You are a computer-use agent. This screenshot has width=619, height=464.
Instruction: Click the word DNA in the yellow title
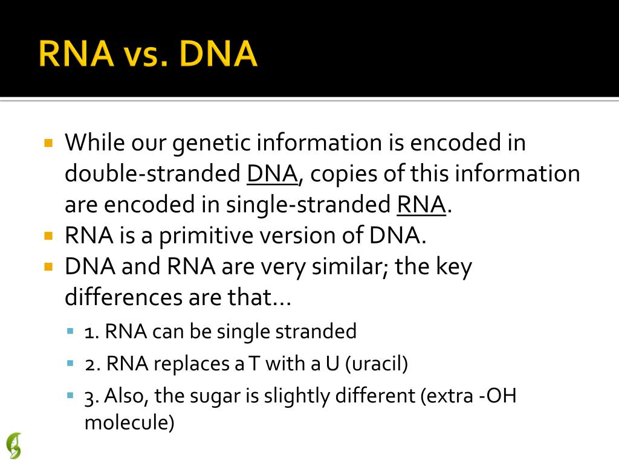pyautogui.click(x=218, y=53)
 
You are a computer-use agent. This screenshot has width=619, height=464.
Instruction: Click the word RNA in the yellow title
pyautogui.click(x=76, y=53)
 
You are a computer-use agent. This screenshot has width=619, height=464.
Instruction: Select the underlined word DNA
pyautogui.click(x=272, y=173)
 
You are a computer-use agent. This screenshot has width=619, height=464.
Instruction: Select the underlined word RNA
pyautogui.click(x=421, y=205)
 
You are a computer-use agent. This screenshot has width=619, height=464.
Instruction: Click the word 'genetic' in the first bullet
pyautogui.click(x=212, y=143)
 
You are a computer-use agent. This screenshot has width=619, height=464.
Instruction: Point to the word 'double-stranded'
pyautogui.click(x=152, y=173)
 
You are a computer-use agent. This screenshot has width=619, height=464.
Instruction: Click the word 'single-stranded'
pyautogui.click(x=308, y=205)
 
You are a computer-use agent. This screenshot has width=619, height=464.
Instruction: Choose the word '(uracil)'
pyautogui.click(x=376, y=364)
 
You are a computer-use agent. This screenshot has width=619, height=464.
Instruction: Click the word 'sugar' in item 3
pyautogui.click(x=215, y=396)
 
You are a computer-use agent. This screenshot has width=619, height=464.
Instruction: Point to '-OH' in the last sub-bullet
pyautogui.click(x=497, y=395)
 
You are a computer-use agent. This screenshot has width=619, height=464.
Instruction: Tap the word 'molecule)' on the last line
pyautogui.click(x=129, y=422)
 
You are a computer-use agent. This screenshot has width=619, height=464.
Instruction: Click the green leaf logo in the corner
pyautogui.click(x=15, y=446)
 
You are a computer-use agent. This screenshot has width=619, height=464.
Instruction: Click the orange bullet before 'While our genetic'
pyautogui.click(x=48, y=143)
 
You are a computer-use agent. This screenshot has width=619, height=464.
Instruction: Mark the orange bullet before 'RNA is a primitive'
pyautogui.click(x=48, y=236)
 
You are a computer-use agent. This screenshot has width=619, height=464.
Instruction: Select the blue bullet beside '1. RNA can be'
pyautogui.click(x=71, y=331)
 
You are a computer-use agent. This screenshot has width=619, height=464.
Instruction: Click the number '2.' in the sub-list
pyautogui.click(x=92, y=364)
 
